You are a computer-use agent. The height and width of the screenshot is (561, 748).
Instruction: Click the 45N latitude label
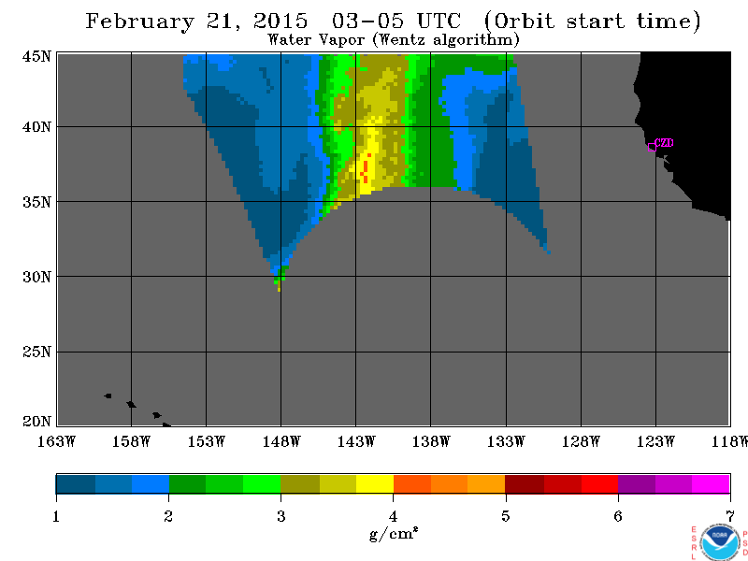[36, 56]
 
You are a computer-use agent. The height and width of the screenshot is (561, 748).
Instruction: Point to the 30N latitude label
[36, 277]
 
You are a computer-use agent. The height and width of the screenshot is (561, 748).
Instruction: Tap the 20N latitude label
[36, 422]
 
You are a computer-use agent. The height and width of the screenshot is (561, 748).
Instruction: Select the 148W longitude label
[281, 441]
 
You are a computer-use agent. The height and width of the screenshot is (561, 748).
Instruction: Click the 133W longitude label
[506, 441]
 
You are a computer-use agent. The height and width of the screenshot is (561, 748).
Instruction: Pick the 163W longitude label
[56, 441]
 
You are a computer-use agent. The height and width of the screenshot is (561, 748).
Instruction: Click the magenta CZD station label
[664, 142]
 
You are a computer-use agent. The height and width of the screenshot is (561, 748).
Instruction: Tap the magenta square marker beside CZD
[652, 148]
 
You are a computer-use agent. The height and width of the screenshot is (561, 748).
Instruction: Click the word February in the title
[139, 22]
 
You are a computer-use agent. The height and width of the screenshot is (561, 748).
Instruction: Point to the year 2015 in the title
[280, 21]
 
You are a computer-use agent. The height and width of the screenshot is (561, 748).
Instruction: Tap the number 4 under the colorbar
[393, 516]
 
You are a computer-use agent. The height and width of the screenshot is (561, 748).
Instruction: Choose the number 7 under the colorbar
[730, 516]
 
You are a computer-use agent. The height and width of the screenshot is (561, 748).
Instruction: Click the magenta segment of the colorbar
[711, 483]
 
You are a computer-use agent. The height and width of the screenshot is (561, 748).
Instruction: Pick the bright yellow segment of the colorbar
[375, 483]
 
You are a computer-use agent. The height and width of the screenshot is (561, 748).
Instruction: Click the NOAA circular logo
[720, 542]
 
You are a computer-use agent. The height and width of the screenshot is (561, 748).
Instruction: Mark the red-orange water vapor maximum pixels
[366, 169]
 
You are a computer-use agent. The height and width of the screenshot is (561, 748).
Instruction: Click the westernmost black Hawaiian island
[108, 396]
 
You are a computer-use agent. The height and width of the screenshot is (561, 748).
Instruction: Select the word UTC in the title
[439, 21]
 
